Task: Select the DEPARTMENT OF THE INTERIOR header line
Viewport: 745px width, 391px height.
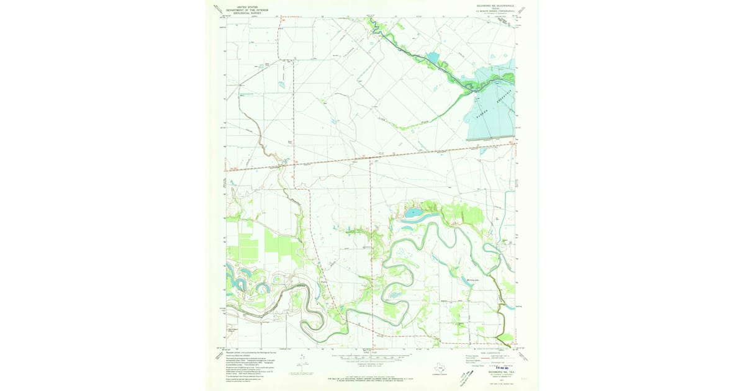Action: click(243, 10)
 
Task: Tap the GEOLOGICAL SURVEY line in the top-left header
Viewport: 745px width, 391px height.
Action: click(243, 13)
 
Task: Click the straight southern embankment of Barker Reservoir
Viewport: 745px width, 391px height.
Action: click(490, 140)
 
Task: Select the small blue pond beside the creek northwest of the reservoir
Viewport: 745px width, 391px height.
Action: click(433, 58)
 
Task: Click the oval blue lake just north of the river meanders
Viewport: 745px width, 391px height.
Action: click(412, 214)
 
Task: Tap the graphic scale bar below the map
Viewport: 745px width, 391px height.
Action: click(371, 358)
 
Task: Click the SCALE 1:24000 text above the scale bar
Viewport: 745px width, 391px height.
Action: click(371, 353)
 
